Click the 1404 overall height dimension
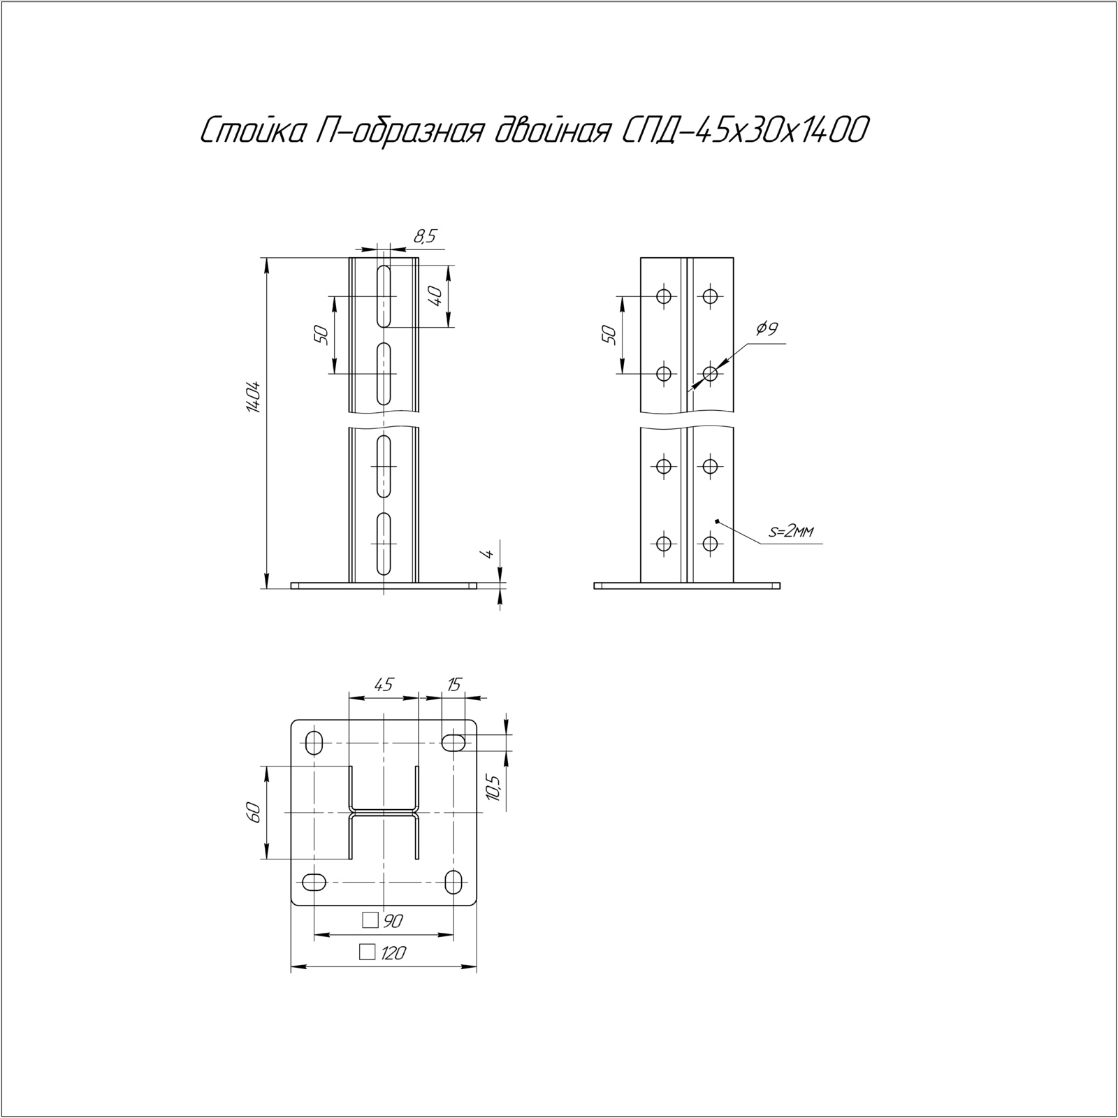(253, 398)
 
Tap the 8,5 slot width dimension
(424, 237)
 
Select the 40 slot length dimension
(435, 296)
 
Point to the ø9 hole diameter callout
(767, 328)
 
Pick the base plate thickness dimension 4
(489, 553)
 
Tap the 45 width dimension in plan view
(384, 684)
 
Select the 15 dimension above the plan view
(454, 684)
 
